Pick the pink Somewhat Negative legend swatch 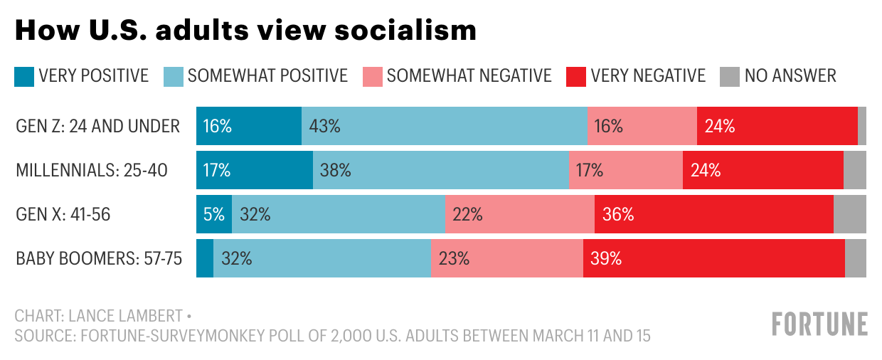point(373,75)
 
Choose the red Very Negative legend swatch point(576,75)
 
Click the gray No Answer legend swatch point(730,75)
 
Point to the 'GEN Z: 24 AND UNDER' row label point(98,126)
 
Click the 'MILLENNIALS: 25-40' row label point(92,170)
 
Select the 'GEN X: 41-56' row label point(63,214)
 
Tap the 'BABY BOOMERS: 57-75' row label point(99,258)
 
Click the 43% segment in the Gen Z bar point(445,126)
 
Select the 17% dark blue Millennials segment point(255,170)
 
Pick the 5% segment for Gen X point(214,214)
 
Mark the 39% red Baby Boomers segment point(713,258)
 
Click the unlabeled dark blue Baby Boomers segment point(205,258)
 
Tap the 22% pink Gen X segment point(520,214)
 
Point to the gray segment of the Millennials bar point(854,170)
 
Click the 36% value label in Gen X point(618,214)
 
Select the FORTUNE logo point(819,324)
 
